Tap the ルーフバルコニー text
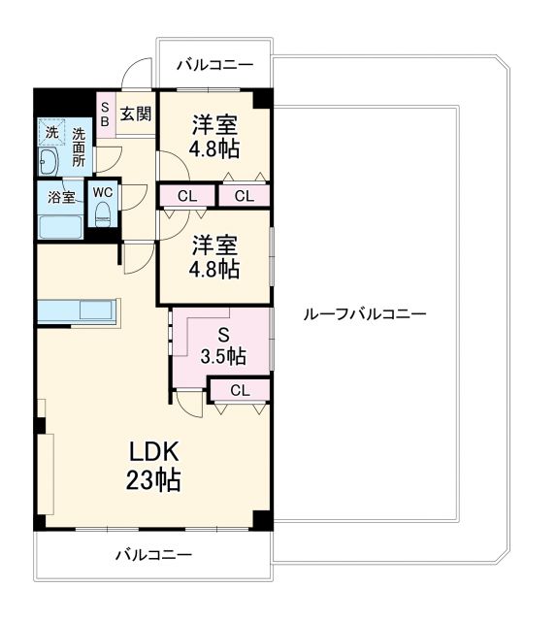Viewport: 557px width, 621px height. pos(365,314)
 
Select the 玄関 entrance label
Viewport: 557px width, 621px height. pos(136,114)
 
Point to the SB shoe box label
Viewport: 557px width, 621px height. pos(105,114)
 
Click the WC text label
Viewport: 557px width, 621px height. pos(103,191)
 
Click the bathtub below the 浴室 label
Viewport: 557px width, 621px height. pos(60,227)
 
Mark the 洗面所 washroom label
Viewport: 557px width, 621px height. pos(78,146)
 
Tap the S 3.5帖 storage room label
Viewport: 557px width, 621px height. pos(222,344)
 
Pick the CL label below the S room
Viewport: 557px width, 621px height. pos(240,390)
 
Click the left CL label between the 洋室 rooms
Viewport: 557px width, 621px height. pos(187,196)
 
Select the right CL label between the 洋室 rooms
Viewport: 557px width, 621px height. pos(244,196)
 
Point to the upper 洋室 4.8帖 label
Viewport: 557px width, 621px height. pos(215,138)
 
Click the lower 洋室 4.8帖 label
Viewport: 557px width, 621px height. pos(215,258)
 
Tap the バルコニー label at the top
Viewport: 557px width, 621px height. pos(214,65)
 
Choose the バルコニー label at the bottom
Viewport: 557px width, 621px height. pos(153,555)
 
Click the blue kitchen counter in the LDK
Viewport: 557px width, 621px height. pos(78,313)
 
